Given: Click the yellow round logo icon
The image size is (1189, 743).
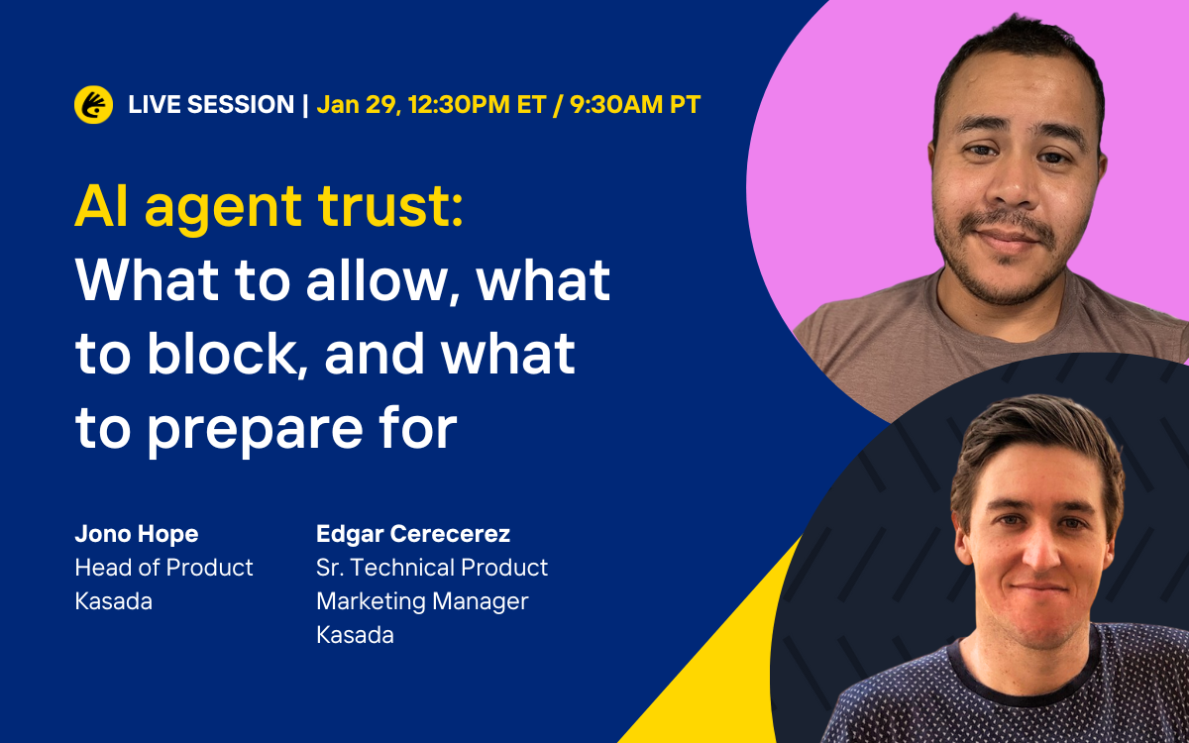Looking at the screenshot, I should click(93, 104).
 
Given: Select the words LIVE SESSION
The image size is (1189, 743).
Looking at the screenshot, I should click(211, 104).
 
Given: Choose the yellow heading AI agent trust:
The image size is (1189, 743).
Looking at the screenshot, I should click(269, 207).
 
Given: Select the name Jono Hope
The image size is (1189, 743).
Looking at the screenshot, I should click(137, 534).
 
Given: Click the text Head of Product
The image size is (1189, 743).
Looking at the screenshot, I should click(164, 568).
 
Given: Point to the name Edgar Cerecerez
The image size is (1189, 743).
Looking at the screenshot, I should click(413, 534).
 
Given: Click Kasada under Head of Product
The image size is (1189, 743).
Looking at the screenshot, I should click(114, 601).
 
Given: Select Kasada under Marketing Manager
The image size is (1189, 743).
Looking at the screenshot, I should click(355, 635).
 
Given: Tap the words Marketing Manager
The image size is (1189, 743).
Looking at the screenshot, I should click(422, 601).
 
